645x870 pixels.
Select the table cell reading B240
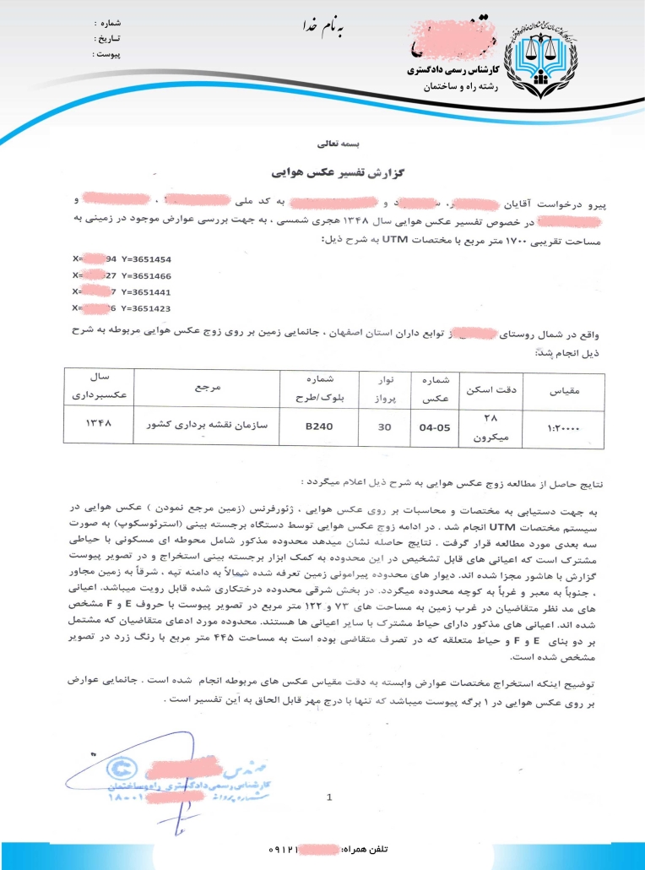320,427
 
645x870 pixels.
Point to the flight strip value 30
384,427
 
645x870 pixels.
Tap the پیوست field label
106,54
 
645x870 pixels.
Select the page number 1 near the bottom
328,796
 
